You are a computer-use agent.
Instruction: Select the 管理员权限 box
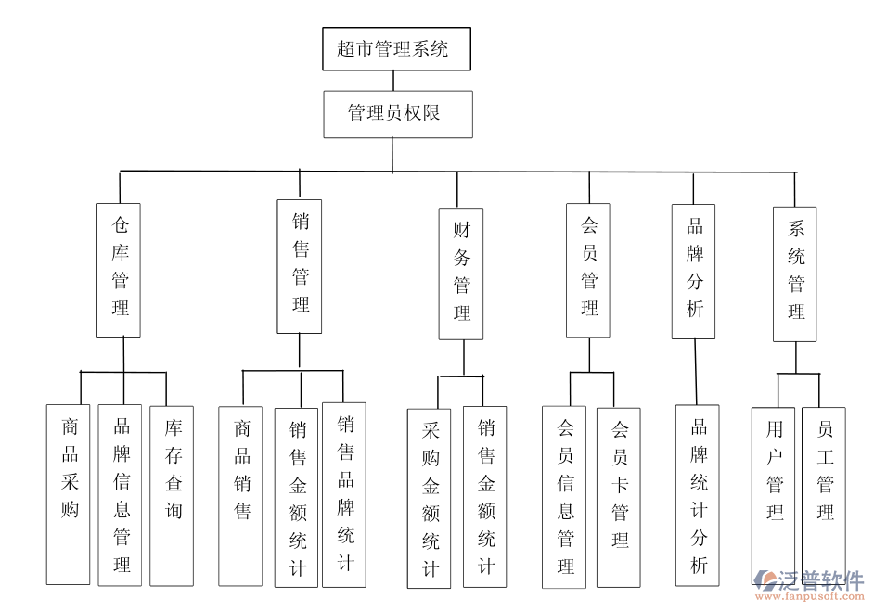point(398,114)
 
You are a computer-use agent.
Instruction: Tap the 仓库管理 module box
point(119,270)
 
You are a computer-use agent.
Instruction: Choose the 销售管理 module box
point(300,266)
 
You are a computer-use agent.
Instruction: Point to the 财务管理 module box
point(461,274)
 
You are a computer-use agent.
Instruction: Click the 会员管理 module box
point(588,270)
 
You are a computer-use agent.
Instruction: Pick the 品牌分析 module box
point(693,271)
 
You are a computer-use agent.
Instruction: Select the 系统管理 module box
point(795,274)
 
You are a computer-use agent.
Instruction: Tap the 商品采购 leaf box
point(69,494)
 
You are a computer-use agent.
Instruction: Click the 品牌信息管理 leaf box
point(121,494)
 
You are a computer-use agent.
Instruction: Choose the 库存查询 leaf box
point(172,495)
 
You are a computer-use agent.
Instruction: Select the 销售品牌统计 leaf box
point(344,494)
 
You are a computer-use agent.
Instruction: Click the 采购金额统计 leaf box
point(429,498)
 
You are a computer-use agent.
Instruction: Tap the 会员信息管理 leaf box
point(564,497)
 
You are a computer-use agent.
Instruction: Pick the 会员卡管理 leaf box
point(618,497)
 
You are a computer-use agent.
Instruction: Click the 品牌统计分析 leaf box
point(698,496)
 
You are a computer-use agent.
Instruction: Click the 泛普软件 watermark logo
point(808,585)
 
